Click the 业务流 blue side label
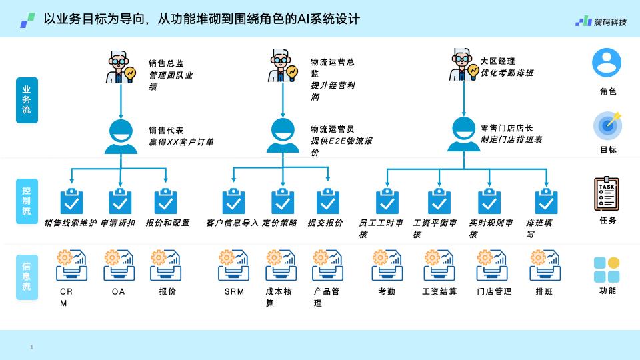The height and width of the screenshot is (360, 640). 27,100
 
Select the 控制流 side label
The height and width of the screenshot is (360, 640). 27,201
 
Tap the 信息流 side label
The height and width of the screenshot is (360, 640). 27,277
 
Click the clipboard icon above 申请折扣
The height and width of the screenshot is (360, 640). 120,201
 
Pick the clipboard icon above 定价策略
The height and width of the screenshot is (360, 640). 283,201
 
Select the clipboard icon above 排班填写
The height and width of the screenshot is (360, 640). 546,201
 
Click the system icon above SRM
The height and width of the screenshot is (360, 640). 233,265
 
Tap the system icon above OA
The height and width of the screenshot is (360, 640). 119,265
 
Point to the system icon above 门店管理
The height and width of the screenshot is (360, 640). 492,265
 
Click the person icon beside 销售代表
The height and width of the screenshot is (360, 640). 121,137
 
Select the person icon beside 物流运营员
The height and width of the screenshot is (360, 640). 283,135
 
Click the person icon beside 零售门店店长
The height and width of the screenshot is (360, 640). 464,134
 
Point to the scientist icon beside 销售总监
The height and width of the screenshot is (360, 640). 121,67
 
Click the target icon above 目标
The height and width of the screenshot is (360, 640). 608,125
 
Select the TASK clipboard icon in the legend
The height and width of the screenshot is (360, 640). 607,193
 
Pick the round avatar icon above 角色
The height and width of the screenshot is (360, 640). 607,63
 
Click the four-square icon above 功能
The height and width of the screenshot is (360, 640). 607,269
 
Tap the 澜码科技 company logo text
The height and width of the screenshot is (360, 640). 610,22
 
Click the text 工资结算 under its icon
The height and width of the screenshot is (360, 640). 439,291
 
